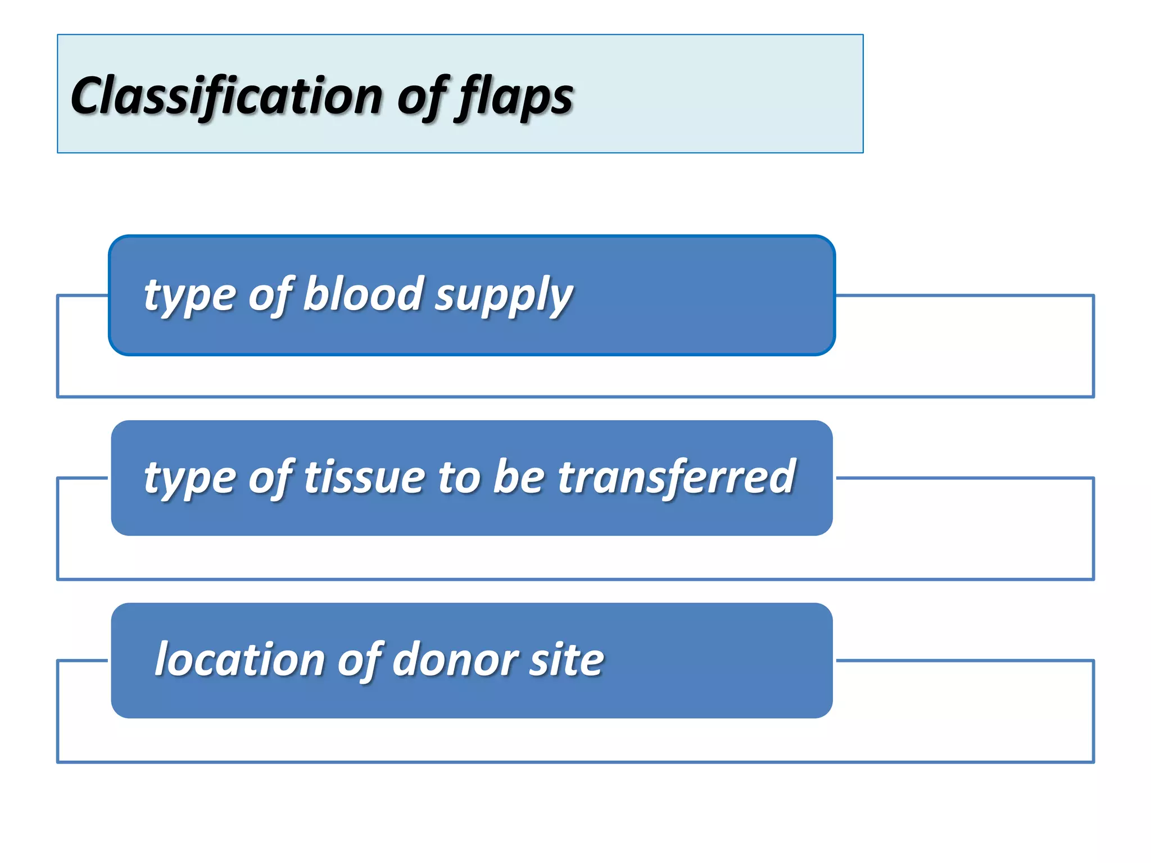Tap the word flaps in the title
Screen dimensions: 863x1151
pyautogui.click(x=516, y=97)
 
